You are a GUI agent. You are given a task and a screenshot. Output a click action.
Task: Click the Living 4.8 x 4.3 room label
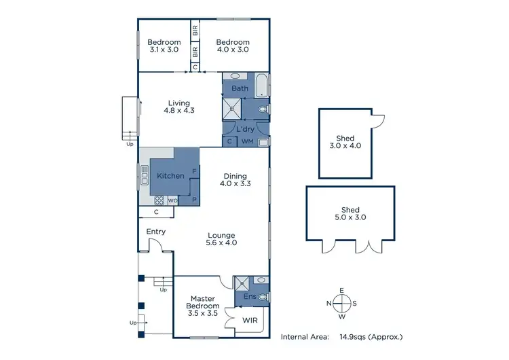click(x=179, y=107)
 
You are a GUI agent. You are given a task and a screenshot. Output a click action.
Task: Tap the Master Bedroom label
click(x=202, y=302)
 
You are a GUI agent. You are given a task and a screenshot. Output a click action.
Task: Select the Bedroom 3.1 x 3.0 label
click(x=165, y=46)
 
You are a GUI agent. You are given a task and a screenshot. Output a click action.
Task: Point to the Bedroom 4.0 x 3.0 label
click(x=233, y=46)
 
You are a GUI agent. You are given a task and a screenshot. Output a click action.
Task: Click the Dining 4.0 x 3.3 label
click(x=233, y=180)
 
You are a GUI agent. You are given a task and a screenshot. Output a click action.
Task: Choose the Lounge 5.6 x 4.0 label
click(x=221, y=239)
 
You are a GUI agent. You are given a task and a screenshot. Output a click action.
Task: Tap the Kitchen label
click(x=170, y=176)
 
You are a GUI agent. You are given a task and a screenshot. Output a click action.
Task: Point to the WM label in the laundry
click(x=247, y=141)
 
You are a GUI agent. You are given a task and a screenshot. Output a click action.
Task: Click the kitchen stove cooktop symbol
click(x=159, y=200)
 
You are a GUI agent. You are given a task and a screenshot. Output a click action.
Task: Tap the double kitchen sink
click(x=144, y=175)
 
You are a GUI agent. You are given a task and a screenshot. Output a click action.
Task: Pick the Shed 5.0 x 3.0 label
click(x=350, y=214)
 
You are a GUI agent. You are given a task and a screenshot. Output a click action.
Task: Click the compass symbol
click(x=342, y=304)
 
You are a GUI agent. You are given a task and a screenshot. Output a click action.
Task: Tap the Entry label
click(x=156, y=232)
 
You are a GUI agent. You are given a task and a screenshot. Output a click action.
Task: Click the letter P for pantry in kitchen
click(x=194, y=199)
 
